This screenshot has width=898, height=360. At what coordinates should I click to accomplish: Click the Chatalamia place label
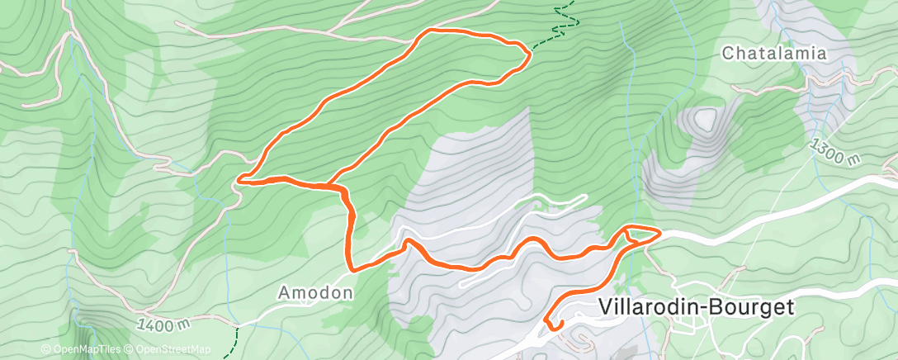[774, 54]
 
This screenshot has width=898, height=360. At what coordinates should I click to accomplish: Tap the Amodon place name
[315, 292]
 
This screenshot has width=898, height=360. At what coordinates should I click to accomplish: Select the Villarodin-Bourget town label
[695, 307]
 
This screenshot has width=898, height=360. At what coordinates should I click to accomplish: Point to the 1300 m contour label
[835, 152]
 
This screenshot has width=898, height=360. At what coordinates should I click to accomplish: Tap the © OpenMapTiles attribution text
[82, 350]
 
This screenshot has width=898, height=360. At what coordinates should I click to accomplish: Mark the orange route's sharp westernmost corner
[239, 178]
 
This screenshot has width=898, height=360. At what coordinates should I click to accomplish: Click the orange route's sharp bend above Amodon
[352, 268]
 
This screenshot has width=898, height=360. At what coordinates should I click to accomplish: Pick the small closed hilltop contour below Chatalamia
[704, 121]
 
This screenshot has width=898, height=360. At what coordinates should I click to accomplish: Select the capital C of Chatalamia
[729, 54]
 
